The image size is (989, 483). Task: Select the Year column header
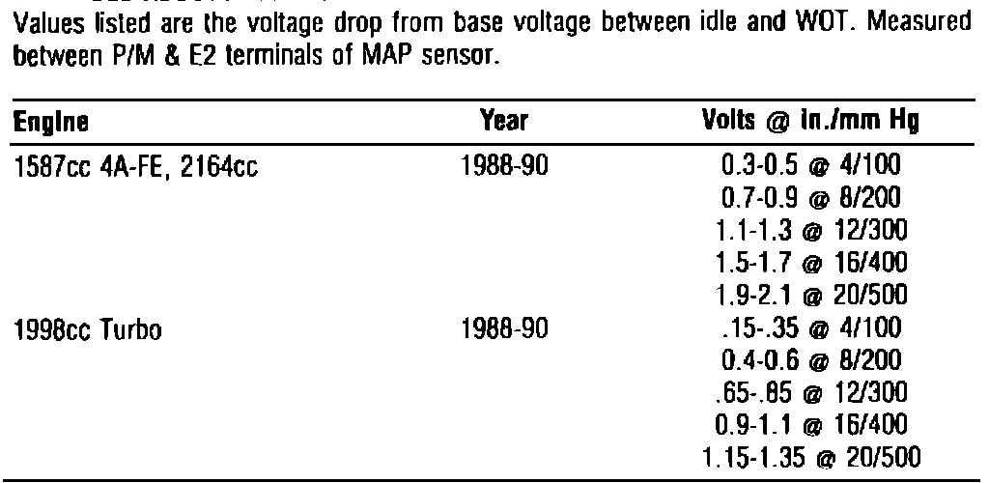click(x=504, y=123)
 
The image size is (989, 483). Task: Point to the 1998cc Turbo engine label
click(x=86, y=333)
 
